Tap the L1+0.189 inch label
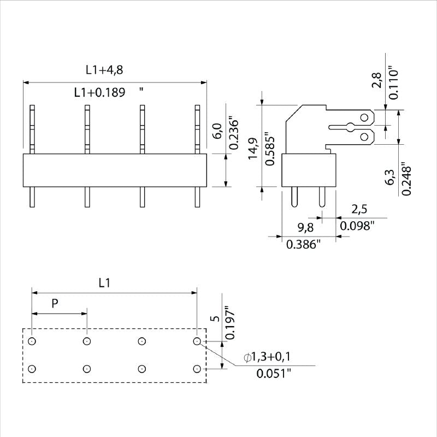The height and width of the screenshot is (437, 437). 103,92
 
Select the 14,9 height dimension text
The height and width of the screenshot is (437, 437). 253,149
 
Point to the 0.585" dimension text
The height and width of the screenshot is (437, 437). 269,149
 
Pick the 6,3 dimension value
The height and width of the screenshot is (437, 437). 390,177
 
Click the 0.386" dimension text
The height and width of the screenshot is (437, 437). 303,245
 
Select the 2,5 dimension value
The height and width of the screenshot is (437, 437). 358,209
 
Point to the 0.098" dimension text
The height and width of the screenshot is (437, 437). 358,225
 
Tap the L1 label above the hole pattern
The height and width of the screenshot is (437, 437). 105,282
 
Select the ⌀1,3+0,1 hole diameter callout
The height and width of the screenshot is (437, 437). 267,357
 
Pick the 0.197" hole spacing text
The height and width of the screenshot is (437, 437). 230,322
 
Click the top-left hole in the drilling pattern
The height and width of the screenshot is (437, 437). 32,341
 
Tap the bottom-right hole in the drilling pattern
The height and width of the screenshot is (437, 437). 197,369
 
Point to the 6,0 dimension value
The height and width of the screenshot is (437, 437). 216,131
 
